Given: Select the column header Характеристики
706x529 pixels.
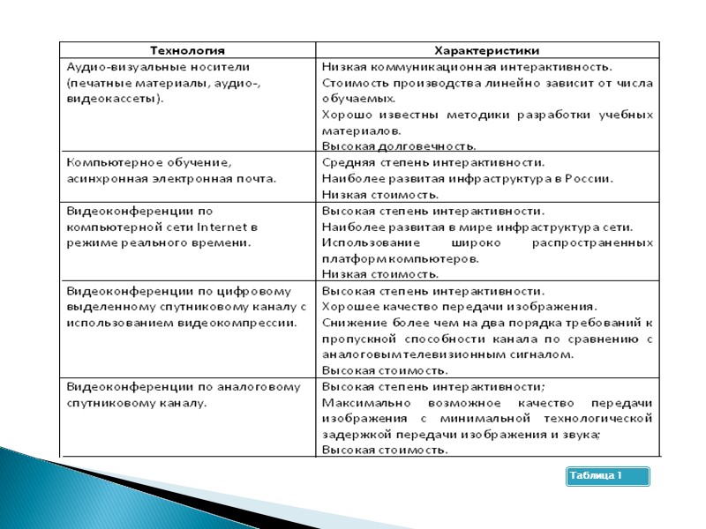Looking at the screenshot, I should click(487, 50).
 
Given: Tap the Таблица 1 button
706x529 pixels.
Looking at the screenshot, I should click(607, 476).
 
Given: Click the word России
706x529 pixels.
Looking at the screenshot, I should click(588, 178).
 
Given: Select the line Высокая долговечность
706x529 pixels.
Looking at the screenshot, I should click(399, 145).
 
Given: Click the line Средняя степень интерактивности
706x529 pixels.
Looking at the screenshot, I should click(433, 162).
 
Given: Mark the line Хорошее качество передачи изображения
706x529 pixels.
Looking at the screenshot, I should click(460, 306).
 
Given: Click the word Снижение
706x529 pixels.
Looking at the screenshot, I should click(350, 323).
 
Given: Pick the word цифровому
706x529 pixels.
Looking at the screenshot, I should click(257, 290).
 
